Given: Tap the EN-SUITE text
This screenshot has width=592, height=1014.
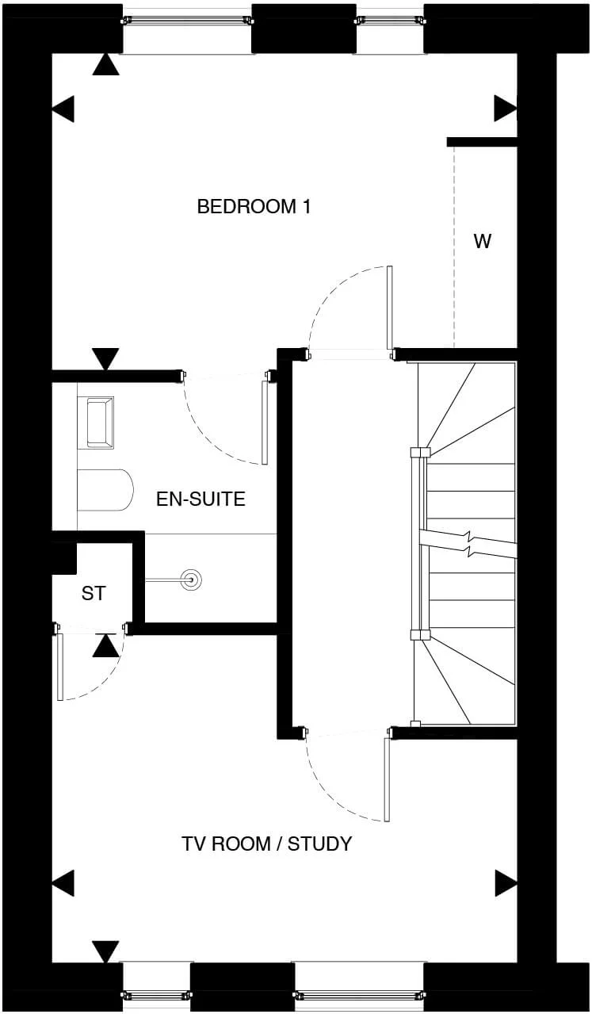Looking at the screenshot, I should coord(201,499).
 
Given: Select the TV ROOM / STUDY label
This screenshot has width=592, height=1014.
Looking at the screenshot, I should coord(266,844).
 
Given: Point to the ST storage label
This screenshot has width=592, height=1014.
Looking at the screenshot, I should coord(93,593).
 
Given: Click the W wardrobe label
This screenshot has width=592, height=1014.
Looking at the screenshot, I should coord(482,242).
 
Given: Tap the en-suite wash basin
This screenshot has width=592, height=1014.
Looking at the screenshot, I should coord(100,422).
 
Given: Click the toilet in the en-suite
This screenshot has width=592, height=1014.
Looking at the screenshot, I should coord(105,491).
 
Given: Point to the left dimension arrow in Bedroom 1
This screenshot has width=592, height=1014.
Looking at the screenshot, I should coord(63,109).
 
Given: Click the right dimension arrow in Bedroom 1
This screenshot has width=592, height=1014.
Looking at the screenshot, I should coord(505,109).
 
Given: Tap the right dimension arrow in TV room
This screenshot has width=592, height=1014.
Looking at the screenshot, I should coord(506,882).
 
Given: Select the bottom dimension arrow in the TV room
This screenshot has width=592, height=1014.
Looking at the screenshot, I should coord(105,951).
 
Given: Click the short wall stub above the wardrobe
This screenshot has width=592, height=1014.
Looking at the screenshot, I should coord(482,142).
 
